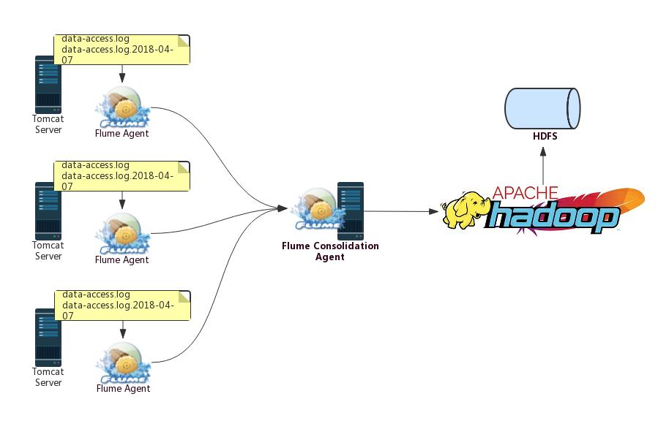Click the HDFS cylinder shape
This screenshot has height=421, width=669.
coord(542,107)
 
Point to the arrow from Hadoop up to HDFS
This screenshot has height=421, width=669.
coord(543,165)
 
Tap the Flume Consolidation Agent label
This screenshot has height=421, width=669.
coord(330,251)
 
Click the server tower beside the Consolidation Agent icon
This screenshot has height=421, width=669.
coord(350,210)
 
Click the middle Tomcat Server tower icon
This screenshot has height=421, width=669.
coord(48,211)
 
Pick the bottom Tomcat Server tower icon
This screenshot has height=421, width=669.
coord(48,338)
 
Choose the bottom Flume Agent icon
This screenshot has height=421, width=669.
coord(122,363)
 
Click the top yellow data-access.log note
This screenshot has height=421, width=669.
coord(122,50)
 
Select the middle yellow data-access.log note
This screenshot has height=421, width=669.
coord(122,176)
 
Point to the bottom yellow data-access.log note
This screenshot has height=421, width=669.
coord(122,305)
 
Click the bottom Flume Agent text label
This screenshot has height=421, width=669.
coord(123,389)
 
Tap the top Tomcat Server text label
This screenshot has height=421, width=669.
coord(48,124)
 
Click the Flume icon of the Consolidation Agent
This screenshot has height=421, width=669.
coord(315,208)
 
